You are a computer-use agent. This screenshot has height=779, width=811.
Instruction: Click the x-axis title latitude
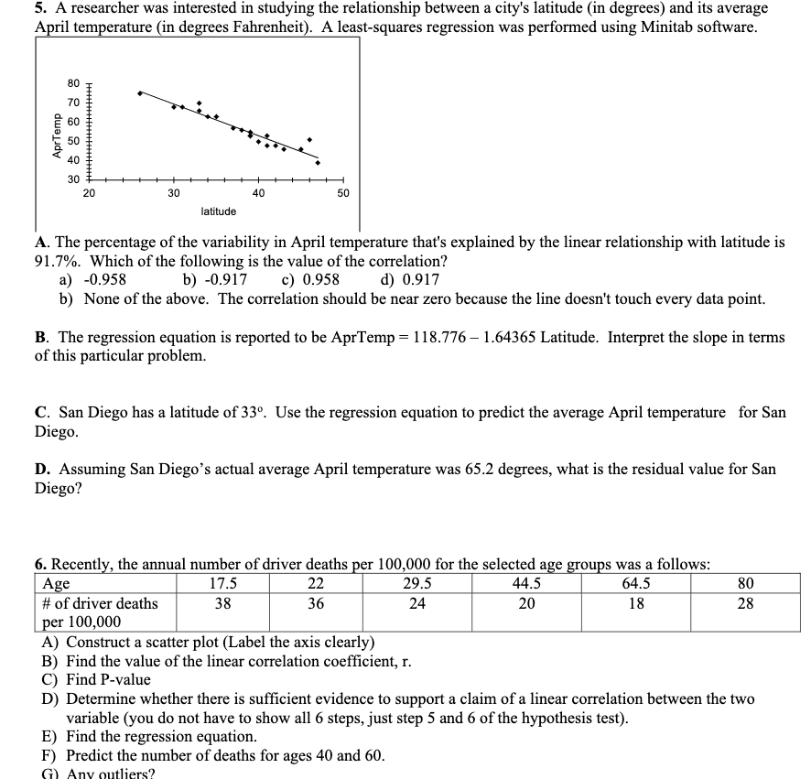click(x=218, y=211)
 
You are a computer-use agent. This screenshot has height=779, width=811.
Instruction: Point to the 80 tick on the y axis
click(x=74, y=85)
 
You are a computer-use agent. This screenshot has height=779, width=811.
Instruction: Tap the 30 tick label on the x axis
click(x=173, y=193)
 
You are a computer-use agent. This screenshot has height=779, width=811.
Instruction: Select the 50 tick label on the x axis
click(x=342, y=193)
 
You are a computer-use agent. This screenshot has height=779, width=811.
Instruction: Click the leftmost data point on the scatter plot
click(x=139, y=93)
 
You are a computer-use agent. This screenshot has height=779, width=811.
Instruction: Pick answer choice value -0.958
click(x=104, y=280)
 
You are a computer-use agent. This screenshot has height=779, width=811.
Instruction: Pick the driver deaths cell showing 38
click(x=222, y=603)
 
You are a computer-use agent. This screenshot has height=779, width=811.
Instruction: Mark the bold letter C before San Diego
click(x=41, y=413)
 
